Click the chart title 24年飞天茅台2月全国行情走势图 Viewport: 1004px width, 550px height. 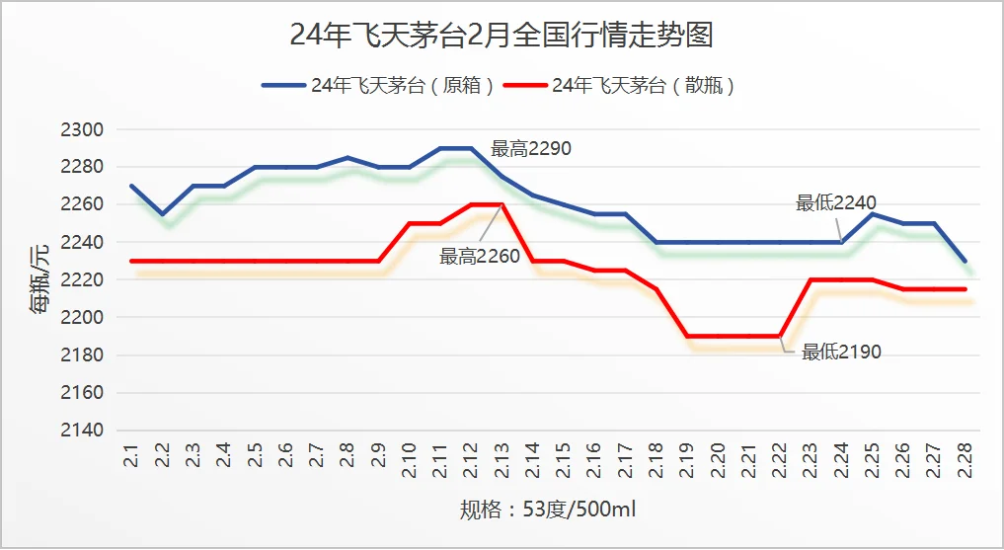[x=502, y=36]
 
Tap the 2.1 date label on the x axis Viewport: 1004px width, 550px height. [x=132, y=459]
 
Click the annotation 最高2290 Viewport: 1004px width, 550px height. [x=531, y=149]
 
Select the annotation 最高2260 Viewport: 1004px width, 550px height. [x=480, y=257]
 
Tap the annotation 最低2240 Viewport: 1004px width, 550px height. [x=836, y=203]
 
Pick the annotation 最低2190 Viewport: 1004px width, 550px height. [x=841, y=352]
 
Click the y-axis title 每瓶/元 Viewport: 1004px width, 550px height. [x=38, y=279]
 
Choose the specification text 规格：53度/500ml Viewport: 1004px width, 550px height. [x=548, y=511]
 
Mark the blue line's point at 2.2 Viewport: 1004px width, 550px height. [x=163, y=213]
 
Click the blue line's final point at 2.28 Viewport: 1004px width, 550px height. [x=965, y=261]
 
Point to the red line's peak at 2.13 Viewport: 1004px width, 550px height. [x=502, y=204]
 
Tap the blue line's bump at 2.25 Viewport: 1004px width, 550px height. [x=872, y=213]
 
